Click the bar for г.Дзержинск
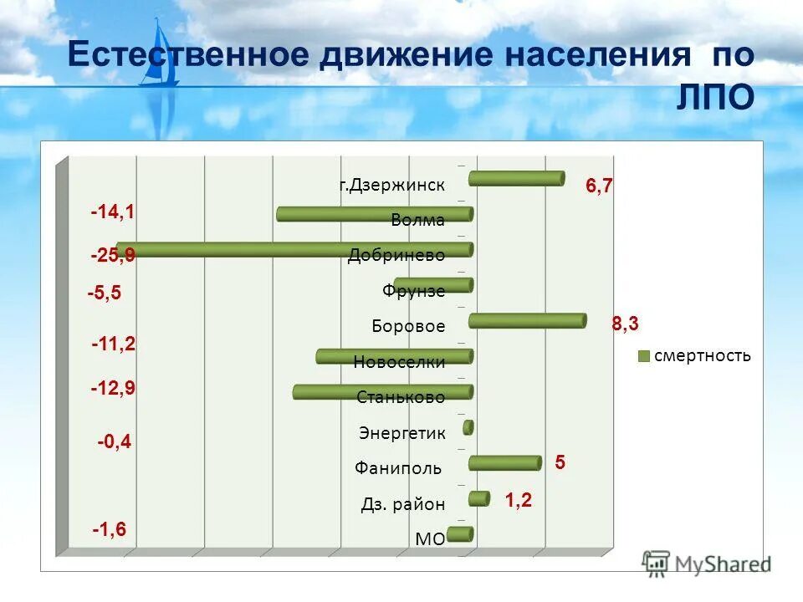pyautogui.click(x=516, y=178)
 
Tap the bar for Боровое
pyautogui.click(x=527, y=321)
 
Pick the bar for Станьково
pyautogui.click(x=383, y=392)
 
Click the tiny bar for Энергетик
pyautogui.click(x=468, y=427)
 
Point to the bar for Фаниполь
pyautogui.click(x=504, y=463)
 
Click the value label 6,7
pyautogui.click(x=599, y=186)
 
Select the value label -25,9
pyautogui.click(x=113, y=257)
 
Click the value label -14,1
pyautogui.click(x=113, y=213)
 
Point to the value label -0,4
pyautogui.click(x=115, y=441)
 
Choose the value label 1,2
pyautogui.click(x=518, y=501)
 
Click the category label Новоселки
pyautogui.click(x=399, y=362)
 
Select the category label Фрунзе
pyautogui.click(x=413, y=291)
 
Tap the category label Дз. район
pyautogui.click(x=403, y=504)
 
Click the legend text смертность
pyautogui.click(x=702, y=356)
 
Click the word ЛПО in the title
pyautogui.click(x=714, y=97)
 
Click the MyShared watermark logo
pyautogui.click(x=707, y=564)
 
